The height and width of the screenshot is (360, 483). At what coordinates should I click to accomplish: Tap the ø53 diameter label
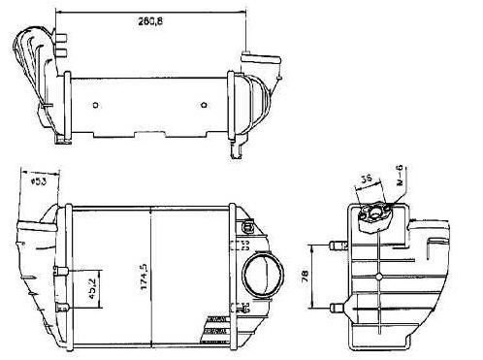point(39,180)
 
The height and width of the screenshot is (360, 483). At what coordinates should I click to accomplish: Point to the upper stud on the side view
point(338,245)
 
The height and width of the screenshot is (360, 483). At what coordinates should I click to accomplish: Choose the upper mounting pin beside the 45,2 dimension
point(59,269)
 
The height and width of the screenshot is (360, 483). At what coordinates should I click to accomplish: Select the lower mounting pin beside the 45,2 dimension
point(59,307)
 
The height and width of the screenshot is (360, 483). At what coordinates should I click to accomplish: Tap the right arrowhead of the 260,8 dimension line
point(244,11)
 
